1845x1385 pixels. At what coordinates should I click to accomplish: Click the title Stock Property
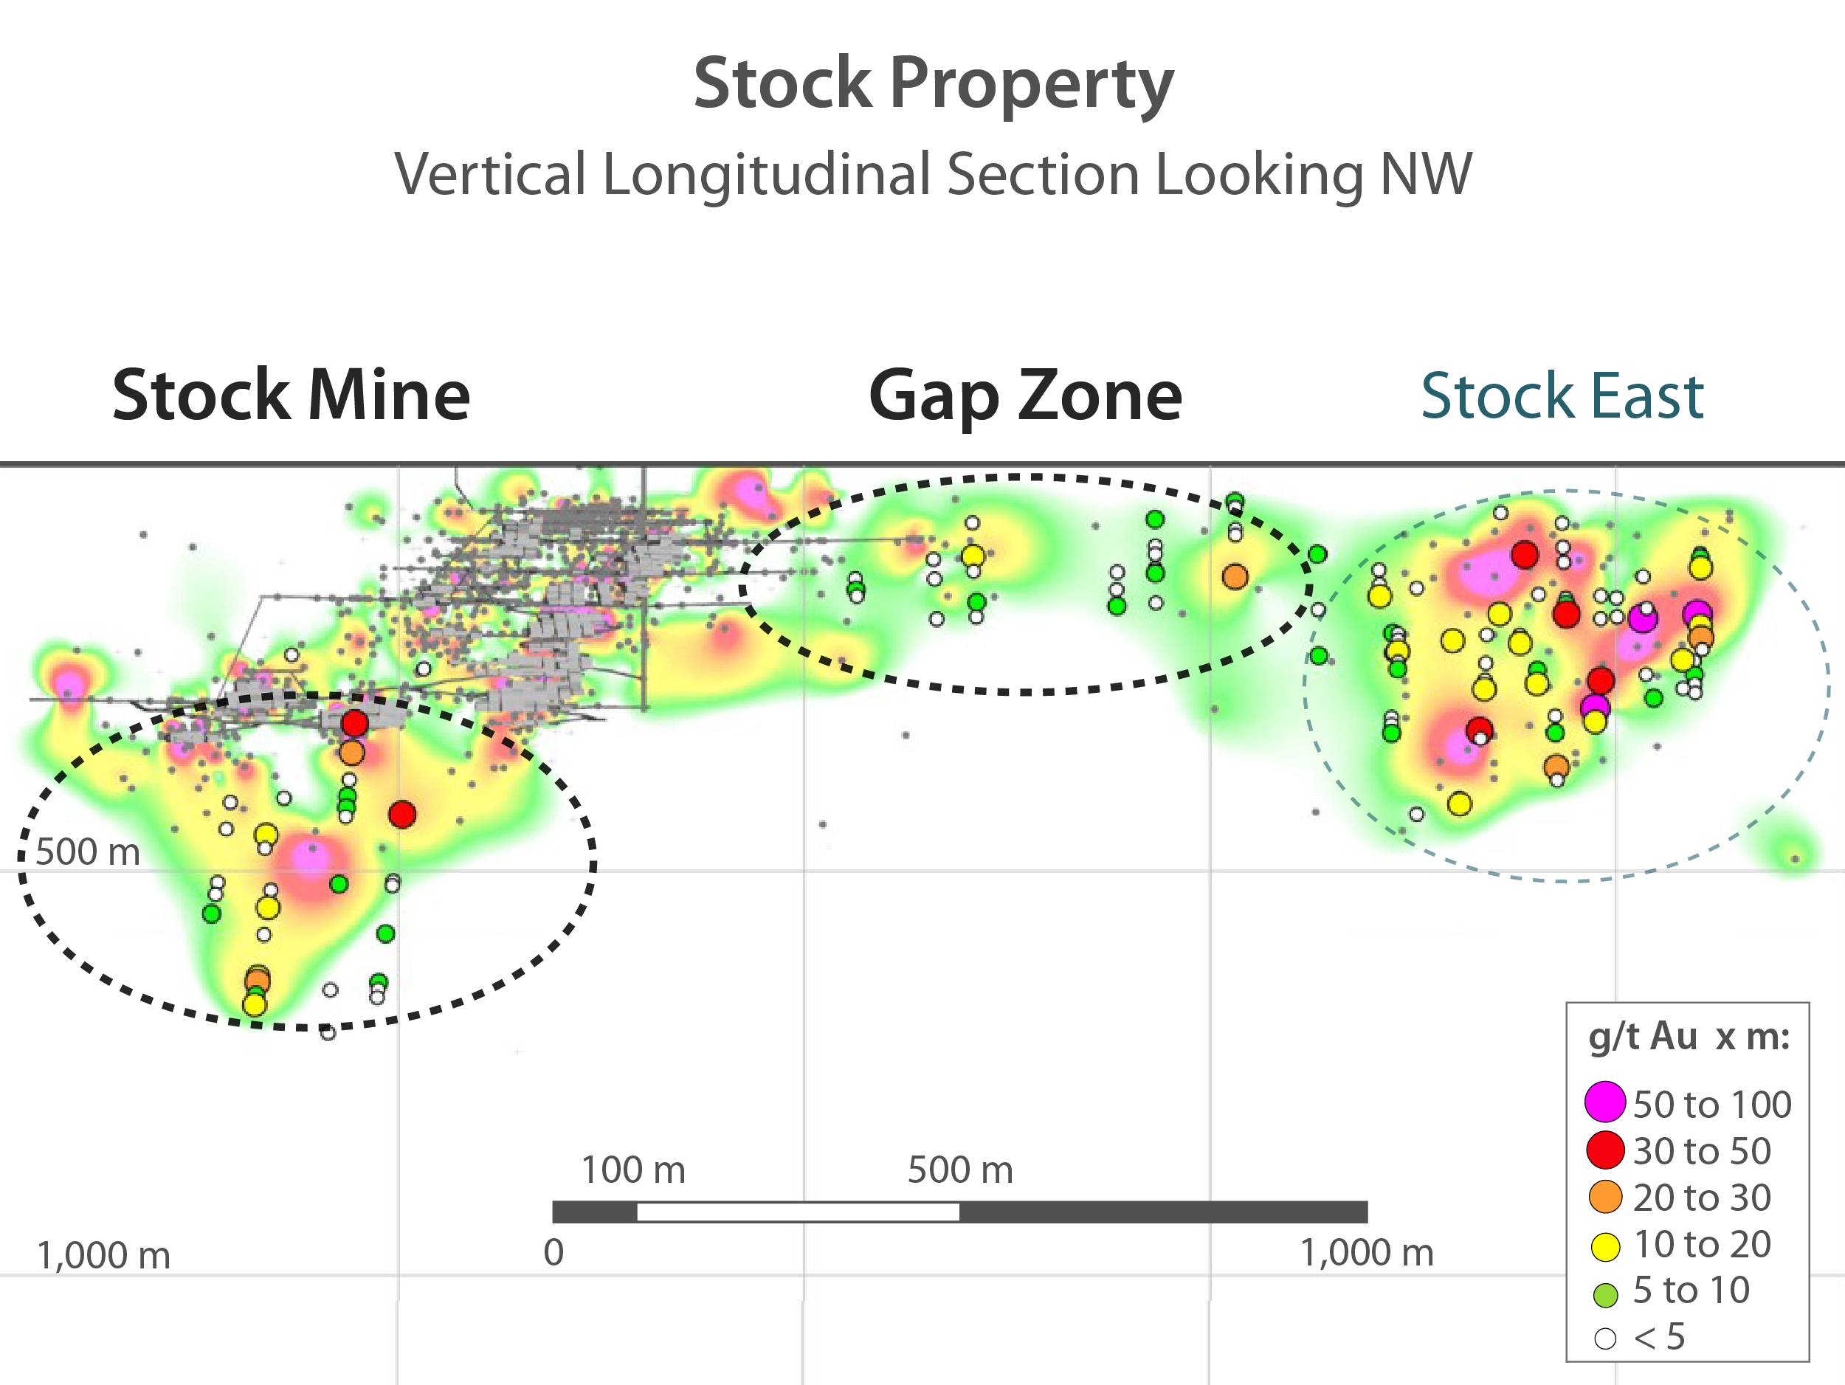click(934, 83)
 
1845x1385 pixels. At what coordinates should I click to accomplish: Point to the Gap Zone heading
click(1025, 396)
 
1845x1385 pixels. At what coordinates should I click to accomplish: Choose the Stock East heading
click(1562, 396)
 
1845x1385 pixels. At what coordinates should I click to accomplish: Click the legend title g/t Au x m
click(1689, 1037)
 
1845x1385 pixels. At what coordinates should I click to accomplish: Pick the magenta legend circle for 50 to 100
click(1605, 1102)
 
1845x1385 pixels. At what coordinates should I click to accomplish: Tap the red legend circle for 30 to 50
click(1605, 1150)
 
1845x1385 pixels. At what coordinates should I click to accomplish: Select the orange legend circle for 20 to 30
click(1605, 1197)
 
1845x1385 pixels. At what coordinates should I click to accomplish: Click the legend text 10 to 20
click(1702, 1244)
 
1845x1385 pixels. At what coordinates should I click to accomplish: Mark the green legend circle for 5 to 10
click(1605, 1294)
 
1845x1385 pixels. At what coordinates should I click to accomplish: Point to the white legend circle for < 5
click(1605, 1339)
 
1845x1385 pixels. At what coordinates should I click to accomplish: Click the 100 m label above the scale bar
click(633, 1170)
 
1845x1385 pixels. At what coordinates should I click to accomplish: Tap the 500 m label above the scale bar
click(960, 1170)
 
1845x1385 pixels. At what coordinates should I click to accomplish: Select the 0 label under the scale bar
click(553, 1252)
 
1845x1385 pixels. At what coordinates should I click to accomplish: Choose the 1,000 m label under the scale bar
click(1366, 1252)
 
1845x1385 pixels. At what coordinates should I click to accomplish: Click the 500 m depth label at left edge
click(88, 852)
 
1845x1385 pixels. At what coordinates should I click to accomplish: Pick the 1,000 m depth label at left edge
click(103, 1255)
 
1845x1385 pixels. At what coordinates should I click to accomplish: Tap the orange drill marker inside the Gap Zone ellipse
click(1235, 576)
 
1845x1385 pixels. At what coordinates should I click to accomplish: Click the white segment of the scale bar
click(797, 1212)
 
